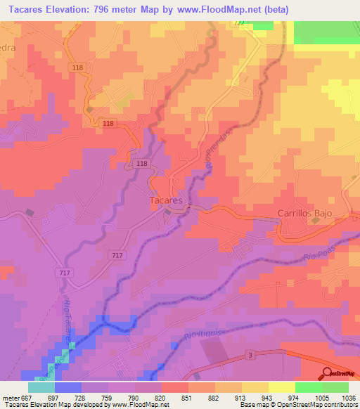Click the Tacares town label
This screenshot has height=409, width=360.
coord(167,200)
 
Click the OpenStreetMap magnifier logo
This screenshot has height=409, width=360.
coord(328,374)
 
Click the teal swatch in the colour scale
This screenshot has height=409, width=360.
coord(41,387)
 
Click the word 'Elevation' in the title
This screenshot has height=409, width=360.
coord(79,8)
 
